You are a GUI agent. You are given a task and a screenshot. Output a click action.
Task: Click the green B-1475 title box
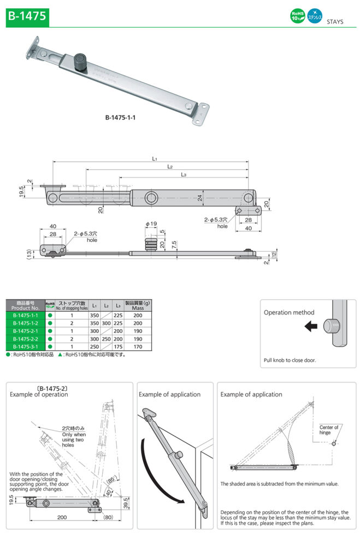click(27, 16)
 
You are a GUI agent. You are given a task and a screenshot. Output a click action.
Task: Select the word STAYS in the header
click(334, 22)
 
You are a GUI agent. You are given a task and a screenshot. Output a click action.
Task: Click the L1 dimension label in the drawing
click(155, 159)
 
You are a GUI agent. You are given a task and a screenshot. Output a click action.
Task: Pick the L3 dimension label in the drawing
click(184, 175)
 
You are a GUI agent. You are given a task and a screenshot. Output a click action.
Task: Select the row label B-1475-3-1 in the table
click(25, 346)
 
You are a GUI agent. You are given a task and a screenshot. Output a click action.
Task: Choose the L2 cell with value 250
click(106, 338)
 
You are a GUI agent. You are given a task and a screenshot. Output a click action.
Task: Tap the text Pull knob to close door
click(290, 360)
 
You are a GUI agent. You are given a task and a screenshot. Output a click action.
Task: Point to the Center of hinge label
click(329, 430)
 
